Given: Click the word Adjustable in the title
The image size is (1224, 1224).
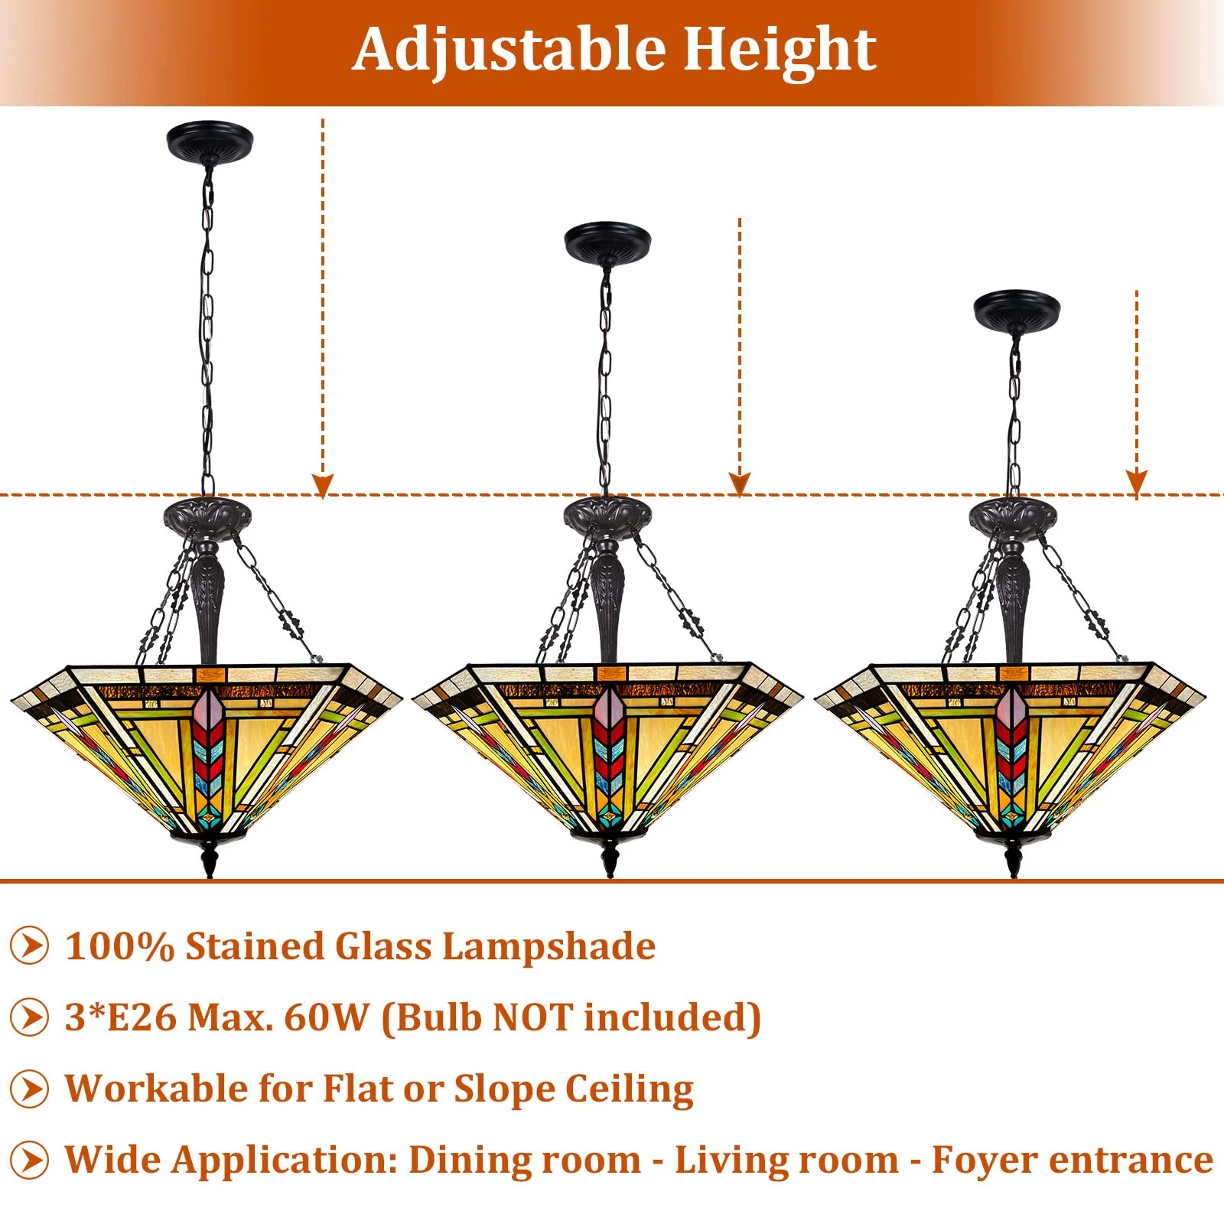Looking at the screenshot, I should [x=508, y=50].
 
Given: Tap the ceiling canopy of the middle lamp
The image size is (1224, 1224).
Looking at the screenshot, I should [x=607, y=241].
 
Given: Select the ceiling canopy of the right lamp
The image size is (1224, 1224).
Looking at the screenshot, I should [x=1017, y=308].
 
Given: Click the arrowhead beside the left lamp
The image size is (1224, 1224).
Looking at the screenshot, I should [x=323, y=485].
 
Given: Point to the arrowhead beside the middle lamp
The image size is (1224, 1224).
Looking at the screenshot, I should [x=739, y=483].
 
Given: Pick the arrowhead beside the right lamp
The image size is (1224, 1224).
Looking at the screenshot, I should [x=1137, y=482].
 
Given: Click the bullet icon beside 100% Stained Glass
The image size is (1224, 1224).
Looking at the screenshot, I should [x=30, y=946].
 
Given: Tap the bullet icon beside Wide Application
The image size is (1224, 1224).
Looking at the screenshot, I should [x=30, y=1160].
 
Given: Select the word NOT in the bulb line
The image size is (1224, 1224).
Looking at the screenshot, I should [x=532, y=1017].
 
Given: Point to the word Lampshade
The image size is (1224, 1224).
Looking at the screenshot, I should [x=549, y=947].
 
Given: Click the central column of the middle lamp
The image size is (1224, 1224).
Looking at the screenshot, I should [x=608, y=604].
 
